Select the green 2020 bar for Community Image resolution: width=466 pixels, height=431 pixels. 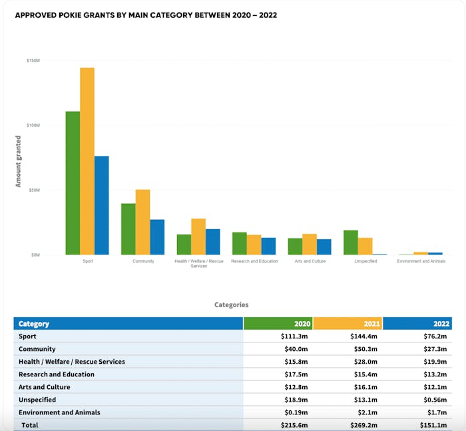(128, 228)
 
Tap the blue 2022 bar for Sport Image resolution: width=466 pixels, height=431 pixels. (101, 205)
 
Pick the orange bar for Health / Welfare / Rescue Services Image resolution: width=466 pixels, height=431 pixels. (198, 236)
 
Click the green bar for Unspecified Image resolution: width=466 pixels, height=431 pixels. (351, 242)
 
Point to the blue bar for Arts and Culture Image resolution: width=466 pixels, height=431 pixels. (324, 246)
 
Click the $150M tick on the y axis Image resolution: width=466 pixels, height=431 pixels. (33, 61)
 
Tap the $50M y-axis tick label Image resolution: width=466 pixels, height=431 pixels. (34, 190)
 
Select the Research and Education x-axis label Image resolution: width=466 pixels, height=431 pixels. (254, 261)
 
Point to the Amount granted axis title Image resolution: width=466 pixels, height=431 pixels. (19, 161)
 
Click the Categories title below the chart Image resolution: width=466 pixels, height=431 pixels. (231, 304)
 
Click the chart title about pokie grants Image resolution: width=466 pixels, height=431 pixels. (146, 15)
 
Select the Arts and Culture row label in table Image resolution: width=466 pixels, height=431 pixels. (44, 387)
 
